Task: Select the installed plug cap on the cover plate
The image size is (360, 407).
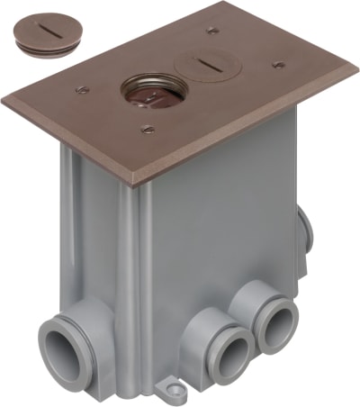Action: point(199,65)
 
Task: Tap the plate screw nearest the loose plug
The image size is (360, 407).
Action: point(83,88)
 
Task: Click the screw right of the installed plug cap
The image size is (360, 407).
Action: point(278,65)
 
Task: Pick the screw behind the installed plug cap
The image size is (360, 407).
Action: point(212,30)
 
